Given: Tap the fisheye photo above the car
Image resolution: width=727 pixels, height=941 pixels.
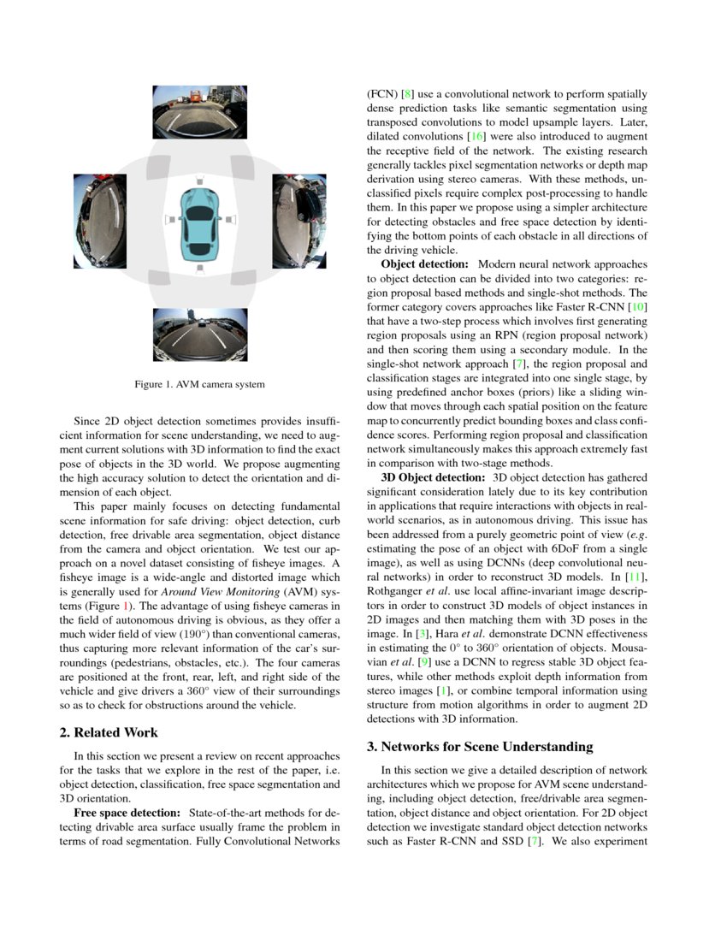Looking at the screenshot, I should point(199,112).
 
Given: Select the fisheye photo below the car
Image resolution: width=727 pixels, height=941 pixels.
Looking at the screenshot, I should point(199,334).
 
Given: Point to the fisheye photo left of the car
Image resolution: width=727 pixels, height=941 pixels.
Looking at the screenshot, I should point(99,222).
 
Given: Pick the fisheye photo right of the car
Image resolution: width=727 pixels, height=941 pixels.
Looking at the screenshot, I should point(299,222).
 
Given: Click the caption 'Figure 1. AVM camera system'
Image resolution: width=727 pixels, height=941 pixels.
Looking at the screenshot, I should point(199,385).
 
